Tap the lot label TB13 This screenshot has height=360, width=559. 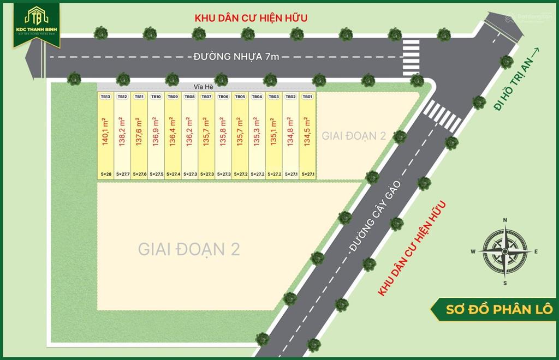[105, 97]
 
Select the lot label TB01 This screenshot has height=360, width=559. [307, 97]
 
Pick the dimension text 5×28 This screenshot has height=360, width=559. [105, 174]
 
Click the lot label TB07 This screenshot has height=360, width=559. [206, 97]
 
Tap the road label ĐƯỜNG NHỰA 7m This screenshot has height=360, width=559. [235, 57]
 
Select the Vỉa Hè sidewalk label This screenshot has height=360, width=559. [205, 86]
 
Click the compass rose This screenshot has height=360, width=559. [505, 251]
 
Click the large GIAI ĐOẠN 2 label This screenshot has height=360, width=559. [189, 249]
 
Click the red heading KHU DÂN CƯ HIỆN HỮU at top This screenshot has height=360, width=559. [251, 18]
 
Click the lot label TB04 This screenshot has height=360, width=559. [257, 97]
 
